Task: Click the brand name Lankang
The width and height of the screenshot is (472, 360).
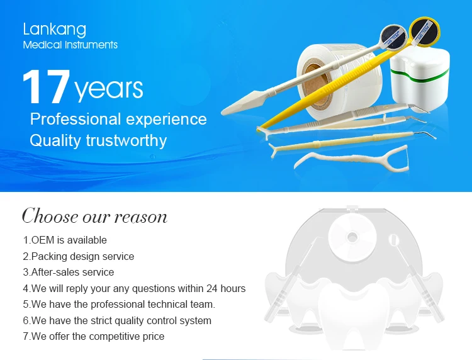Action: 55,30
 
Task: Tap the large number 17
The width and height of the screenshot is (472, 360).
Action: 46,87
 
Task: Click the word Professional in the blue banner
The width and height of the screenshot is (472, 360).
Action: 76,119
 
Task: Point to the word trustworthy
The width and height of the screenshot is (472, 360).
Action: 126,140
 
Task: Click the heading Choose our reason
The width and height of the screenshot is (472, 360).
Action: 94,216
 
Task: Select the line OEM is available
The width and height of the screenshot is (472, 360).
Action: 65,240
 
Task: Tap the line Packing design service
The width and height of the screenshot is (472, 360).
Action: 79,256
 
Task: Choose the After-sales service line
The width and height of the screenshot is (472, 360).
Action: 69,272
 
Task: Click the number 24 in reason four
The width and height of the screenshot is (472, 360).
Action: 212,288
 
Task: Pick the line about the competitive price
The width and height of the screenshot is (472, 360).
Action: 94,336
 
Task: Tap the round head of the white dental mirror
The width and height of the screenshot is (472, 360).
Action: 393,37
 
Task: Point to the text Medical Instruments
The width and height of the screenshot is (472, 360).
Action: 70,45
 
